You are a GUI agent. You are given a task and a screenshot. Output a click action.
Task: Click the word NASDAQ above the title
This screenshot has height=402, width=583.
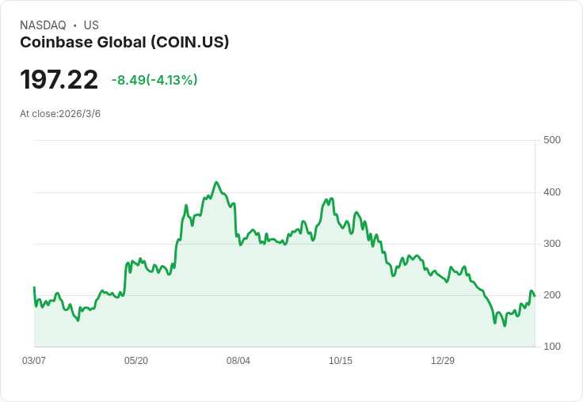point(43,25)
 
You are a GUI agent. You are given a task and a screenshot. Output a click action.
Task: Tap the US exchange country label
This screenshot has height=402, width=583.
point(91,25)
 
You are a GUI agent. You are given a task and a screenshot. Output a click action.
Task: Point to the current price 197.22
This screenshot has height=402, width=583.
point(59,80)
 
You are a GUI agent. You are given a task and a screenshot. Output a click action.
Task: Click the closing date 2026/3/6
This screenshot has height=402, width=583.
point(79,114)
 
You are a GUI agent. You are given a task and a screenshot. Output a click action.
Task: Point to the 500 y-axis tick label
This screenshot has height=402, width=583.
point(551,140)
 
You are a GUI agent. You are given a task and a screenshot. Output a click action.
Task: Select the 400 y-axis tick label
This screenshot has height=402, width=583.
point(551,192)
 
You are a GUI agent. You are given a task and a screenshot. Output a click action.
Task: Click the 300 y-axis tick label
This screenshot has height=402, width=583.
point(551,244)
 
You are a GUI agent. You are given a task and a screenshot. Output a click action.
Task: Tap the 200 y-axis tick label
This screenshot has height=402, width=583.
point(551,295)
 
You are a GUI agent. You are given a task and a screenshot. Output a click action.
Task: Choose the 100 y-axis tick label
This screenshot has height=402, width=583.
point(551,347)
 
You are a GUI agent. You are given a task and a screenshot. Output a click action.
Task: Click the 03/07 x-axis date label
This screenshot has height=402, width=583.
point(34,361)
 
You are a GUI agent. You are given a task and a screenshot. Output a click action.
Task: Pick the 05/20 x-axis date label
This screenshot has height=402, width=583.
point(136,361)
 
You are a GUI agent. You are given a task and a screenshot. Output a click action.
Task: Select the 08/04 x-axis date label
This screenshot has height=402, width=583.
point(238,361)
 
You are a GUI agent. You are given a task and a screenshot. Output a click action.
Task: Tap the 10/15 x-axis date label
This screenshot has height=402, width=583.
point(341,361)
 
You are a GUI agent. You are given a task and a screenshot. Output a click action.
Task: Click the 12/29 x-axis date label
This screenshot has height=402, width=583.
point(443,361)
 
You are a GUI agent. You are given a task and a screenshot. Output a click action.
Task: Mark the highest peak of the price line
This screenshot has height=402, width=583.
point(216,182)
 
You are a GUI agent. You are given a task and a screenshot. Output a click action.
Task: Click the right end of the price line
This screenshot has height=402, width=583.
point(535,296)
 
